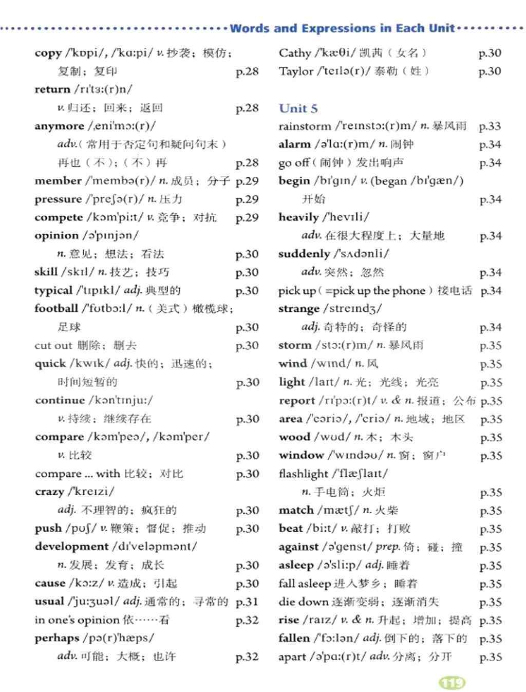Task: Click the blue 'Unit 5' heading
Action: pyautogui.click(x=298, y=108)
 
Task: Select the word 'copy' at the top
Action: pyautogui.click(x=48, y=53)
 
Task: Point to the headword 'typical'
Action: pyautogui.click(x=53, y=291)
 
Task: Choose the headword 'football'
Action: pyautogui.click(x=56, y=309)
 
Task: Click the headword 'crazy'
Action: pyautogui.click(x=49, y=492)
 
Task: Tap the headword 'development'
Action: pyautogui.click(x=71, y=547)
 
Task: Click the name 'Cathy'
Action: pyautogui.click(x=295, y=53)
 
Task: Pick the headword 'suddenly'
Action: pyautogui.click(x=304, y=254)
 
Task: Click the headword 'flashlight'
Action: pyautogui.click(x=303, y=474)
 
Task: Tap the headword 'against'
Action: pyautogui.click(x=298, y=547)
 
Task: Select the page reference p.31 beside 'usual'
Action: pyautogui.click(x=247, y=602)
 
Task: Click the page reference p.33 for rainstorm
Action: pyautogui.click(x=490, y=126)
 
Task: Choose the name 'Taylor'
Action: pyautogui.click(x=295, y=71)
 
